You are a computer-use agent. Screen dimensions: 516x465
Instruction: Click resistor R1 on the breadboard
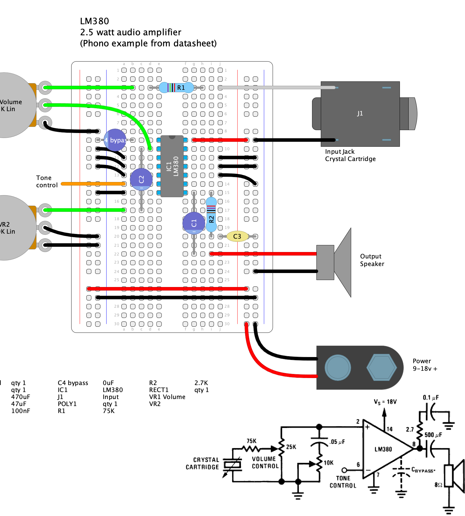176,88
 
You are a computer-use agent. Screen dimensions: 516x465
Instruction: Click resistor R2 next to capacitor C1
211,214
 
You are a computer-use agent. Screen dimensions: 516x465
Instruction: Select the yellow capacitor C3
237,236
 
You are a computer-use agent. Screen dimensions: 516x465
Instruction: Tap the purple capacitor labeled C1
194,223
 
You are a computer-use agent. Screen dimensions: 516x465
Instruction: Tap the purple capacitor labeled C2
141,179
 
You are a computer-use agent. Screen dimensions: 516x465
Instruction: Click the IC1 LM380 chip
172,166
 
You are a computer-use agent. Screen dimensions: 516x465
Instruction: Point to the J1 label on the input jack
360,113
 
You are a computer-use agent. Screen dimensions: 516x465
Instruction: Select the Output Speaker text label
372,260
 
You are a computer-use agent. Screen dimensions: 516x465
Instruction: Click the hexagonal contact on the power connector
382,368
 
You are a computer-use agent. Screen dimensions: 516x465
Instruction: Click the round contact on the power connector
338,368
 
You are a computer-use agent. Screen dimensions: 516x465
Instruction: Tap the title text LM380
94,21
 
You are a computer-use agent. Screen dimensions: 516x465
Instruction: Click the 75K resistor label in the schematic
251,441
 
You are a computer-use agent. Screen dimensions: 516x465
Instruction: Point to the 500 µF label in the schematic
433,435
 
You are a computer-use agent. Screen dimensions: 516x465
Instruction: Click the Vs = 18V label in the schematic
385,402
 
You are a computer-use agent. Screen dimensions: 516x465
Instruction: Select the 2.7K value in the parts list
201,383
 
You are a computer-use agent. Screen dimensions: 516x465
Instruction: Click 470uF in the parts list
20,397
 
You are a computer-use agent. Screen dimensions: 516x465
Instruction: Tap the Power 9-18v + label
425,365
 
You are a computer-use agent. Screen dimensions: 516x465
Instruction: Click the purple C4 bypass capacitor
115,140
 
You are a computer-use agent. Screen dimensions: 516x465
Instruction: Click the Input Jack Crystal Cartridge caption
350,155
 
